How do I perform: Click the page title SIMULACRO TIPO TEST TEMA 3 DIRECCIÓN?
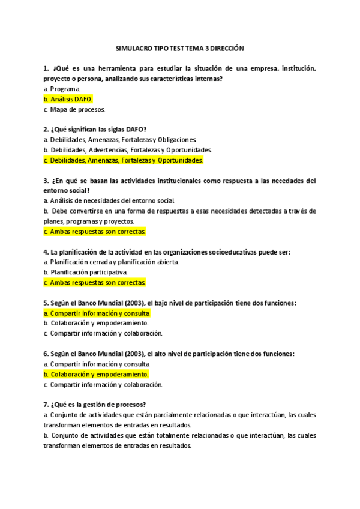(x=180, y=49)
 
